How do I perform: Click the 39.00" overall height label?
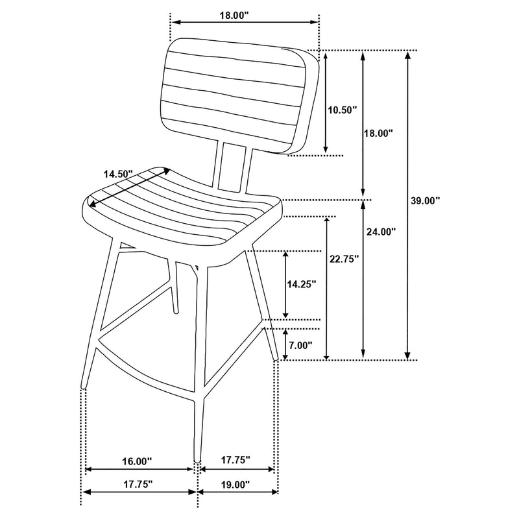click(x=426, y=200)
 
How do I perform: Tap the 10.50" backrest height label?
click(x=342, y=110)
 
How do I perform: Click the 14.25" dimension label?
click(x=301, y=284)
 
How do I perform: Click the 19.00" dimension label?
click(x=234, y=484)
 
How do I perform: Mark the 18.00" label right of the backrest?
click(x=378, y=133)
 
